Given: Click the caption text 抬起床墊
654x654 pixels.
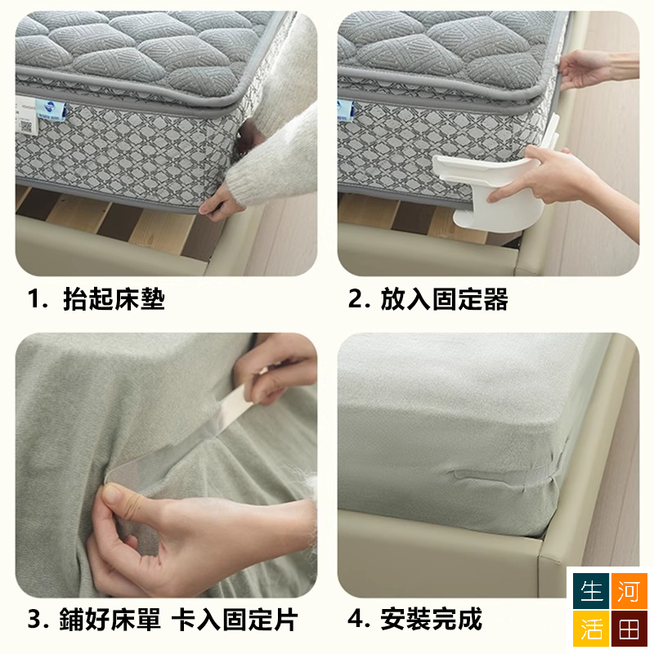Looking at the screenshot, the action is [114, 299].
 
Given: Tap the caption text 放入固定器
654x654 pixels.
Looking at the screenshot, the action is [444, 299].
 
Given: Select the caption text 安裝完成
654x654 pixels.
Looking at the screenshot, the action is [432, 619].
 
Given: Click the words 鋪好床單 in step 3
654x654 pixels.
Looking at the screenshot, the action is [110, 620].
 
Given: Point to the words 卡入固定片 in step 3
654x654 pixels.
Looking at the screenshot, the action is [235, 620].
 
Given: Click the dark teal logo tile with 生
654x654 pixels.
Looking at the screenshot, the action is [590, 591].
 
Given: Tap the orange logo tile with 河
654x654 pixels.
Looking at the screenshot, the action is [629, 591].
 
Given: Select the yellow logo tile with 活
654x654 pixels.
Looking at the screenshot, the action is [590, 629].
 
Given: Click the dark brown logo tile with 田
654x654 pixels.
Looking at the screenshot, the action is [629, 629].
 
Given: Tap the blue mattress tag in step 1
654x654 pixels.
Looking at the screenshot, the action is [50, 110].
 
